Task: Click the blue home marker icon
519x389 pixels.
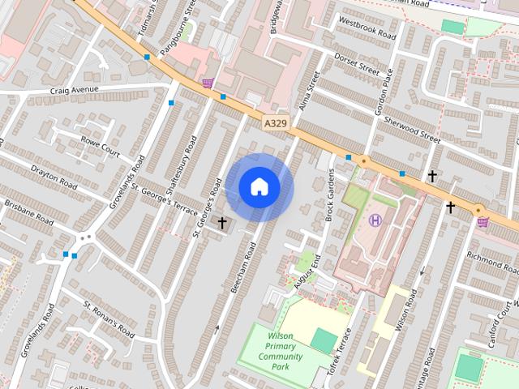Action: point(259,187)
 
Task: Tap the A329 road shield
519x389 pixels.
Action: point(275,122)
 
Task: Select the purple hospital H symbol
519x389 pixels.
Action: point(375,220)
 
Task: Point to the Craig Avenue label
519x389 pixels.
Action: point(74,90)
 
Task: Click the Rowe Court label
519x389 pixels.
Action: point(100,147)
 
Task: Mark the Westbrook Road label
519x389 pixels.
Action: point(367,29)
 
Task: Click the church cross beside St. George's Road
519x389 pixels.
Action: point(222,222)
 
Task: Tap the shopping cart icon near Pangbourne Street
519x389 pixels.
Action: point(208,82)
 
